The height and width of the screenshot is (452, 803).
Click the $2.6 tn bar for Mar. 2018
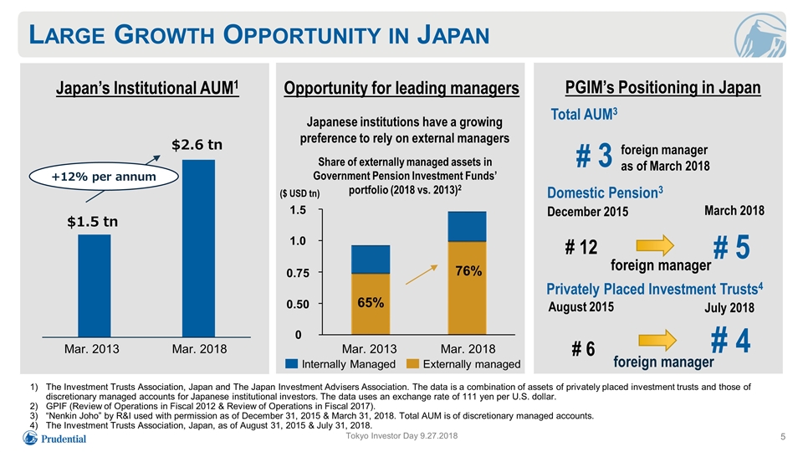198,248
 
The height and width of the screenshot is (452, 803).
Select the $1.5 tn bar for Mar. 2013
95,285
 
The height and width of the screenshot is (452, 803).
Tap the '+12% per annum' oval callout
104,177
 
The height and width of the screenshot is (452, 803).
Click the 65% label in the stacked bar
371,303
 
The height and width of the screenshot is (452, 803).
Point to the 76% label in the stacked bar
468,271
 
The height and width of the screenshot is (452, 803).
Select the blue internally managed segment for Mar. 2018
467,226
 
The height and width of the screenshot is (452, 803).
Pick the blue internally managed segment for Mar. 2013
371,259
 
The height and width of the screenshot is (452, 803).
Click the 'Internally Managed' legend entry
340,364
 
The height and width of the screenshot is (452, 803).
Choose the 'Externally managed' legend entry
463,364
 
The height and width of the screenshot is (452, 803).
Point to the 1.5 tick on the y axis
298,210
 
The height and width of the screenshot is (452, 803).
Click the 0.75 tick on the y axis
298,273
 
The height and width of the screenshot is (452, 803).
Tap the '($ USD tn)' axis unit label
299,193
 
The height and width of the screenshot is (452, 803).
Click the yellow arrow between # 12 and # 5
655,245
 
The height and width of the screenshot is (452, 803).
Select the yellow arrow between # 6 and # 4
657,341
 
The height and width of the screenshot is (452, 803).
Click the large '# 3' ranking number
594,156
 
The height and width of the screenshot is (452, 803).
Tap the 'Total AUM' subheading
584,115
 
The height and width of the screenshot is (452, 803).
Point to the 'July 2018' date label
729,307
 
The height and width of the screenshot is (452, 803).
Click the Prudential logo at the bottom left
54,438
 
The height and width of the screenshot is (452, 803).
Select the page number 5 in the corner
783,437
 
